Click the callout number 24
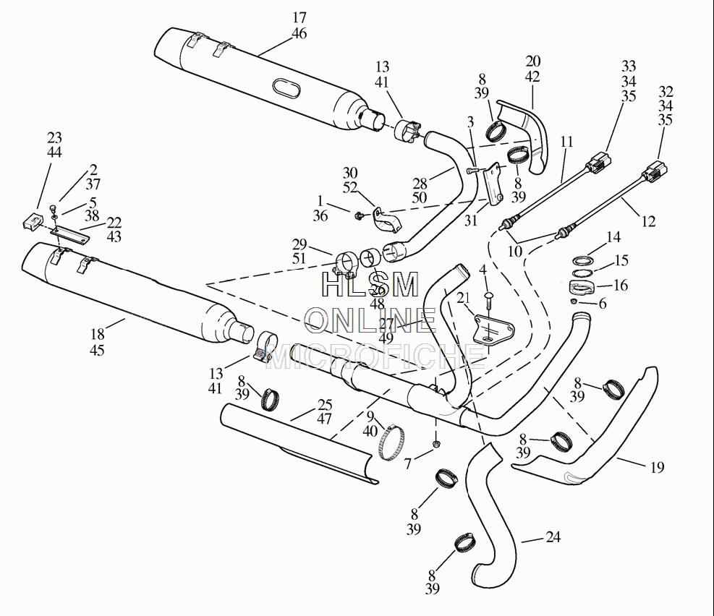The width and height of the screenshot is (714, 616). (553, 537)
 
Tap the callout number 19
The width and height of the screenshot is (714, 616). (656, 467)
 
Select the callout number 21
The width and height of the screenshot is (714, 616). (464, 298)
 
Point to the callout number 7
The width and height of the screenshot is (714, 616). (407, 464)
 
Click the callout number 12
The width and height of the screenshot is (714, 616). (648, 221)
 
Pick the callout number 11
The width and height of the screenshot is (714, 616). (566, 142)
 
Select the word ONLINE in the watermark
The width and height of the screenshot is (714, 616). (370, 319)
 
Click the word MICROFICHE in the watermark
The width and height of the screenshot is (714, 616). (375, 354)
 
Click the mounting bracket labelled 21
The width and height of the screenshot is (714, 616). (490, 329)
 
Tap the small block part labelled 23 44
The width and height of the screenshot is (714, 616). (30, 222)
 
